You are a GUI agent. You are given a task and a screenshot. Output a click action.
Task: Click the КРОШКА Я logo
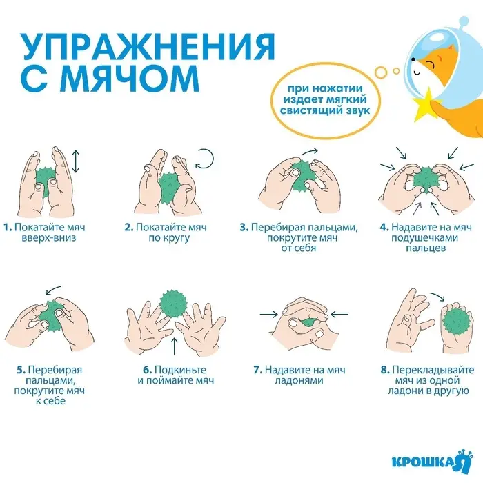pyautogui.click(x=426, y=461)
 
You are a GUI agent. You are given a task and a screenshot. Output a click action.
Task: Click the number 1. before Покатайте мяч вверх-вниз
pyautogui.click(x=8, y=227)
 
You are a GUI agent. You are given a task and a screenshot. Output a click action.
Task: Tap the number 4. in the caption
pyautogui.click(x=384, y=227)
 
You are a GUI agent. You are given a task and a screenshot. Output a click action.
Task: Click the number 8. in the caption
pyautogui.click(x=384, y=370)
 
